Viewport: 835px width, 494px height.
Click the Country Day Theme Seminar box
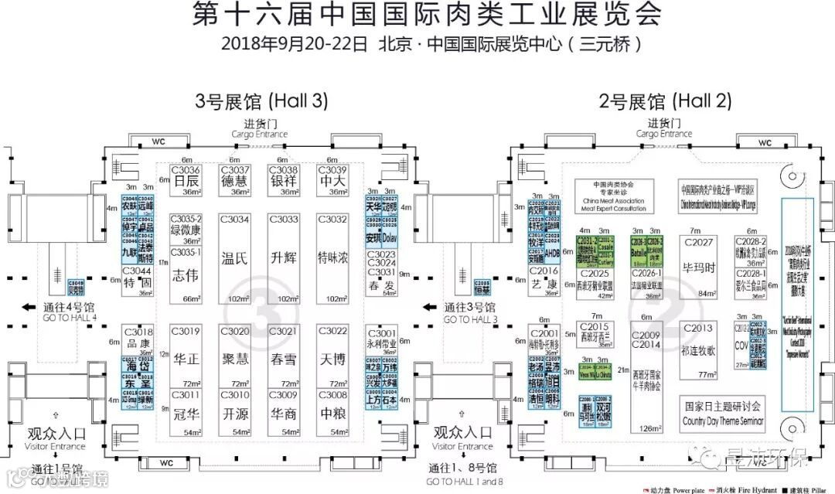[x=723, y=414]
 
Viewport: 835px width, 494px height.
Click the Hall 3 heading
[x=261, y=101]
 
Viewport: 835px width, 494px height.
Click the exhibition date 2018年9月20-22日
[x=293, y=43]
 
